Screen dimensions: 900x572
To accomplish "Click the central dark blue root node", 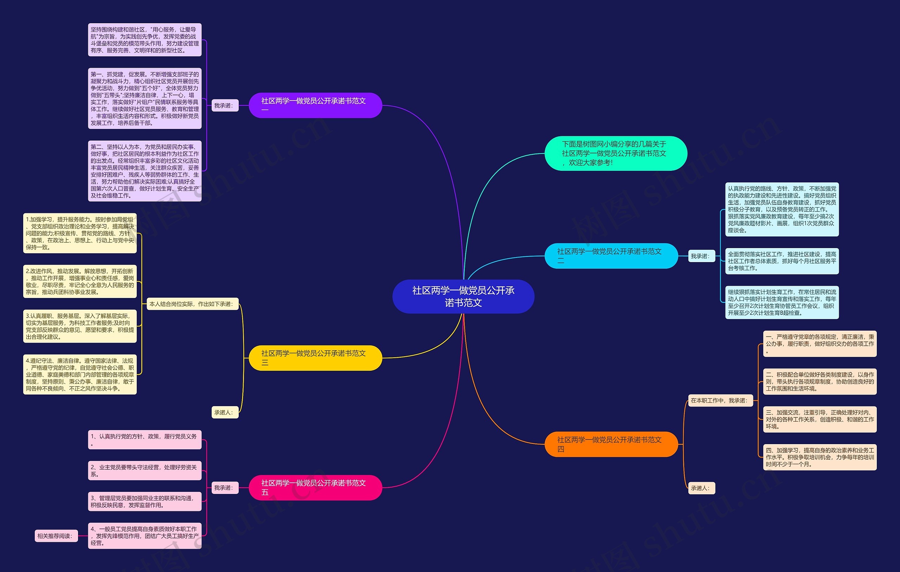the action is (463, 296).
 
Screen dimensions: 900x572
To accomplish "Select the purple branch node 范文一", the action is (315, 105).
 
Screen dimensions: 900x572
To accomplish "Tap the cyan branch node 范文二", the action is (611, 256).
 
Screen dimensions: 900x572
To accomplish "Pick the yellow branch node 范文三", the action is (315, 358).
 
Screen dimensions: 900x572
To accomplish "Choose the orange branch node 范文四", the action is (611, 444).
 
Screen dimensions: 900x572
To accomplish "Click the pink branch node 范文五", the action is (315, 488).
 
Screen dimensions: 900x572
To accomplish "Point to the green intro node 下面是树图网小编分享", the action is (616, 153).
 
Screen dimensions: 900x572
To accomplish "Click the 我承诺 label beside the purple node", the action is (225, 105).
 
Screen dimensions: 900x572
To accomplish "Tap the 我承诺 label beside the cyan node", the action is (701, 256).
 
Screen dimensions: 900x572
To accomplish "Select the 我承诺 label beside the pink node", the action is (225, 488).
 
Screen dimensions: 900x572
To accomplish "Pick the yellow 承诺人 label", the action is (225, 412).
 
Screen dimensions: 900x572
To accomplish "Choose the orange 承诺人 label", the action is (701, 488).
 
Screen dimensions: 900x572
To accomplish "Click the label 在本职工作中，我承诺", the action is (720, 401).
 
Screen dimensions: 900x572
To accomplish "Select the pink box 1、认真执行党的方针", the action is (144, 440).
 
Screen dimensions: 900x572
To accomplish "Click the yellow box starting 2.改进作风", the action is (80, 281).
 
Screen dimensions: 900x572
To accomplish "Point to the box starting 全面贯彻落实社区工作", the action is (782, 261).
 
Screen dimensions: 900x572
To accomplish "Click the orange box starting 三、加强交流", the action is (819, 419).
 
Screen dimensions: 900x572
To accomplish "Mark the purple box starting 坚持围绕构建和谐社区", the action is (144, 40).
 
